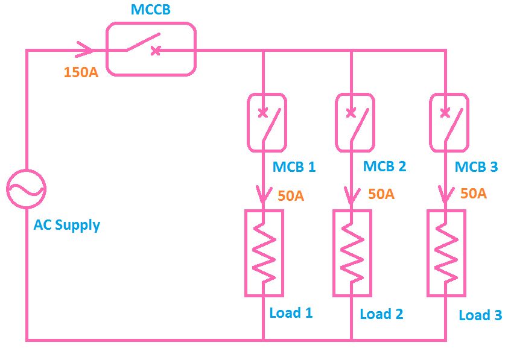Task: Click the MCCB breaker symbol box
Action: (151, 49)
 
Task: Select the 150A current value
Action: (81, 72)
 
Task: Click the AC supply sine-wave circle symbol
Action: (26, 189)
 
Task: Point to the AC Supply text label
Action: (66, 226)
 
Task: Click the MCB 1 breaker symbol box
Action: (267, 122)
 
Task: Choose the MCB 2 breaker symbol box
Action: (354, 122)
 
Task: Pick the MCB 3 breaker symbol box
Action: (449, 122)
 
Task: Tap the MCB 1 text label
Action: (294, 167)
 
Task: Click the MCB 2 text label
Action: (384, 166)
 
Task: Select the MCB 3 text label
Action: (476, 167)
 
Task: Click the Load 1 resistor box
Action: (264, 253)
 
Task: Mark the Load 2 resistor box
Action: (352, 253)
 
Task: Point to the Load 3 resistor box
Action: (446, 253)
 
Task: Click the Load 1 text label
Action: (291, 313)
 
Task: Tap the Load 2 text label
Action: (381, 314)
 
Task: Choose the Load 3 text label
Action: (480, 315)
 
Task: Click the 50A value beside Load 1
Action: (291, 196)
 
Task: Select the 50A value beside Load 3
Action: (473, 194)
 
